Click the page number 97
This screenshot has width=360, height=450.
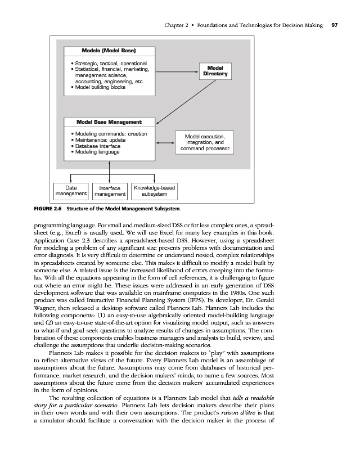tap(334, 25)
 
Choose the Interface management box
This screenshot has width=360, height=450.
tap(110, 191)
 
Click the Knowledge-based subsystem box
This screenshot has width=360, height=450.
tap(154, 191)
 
